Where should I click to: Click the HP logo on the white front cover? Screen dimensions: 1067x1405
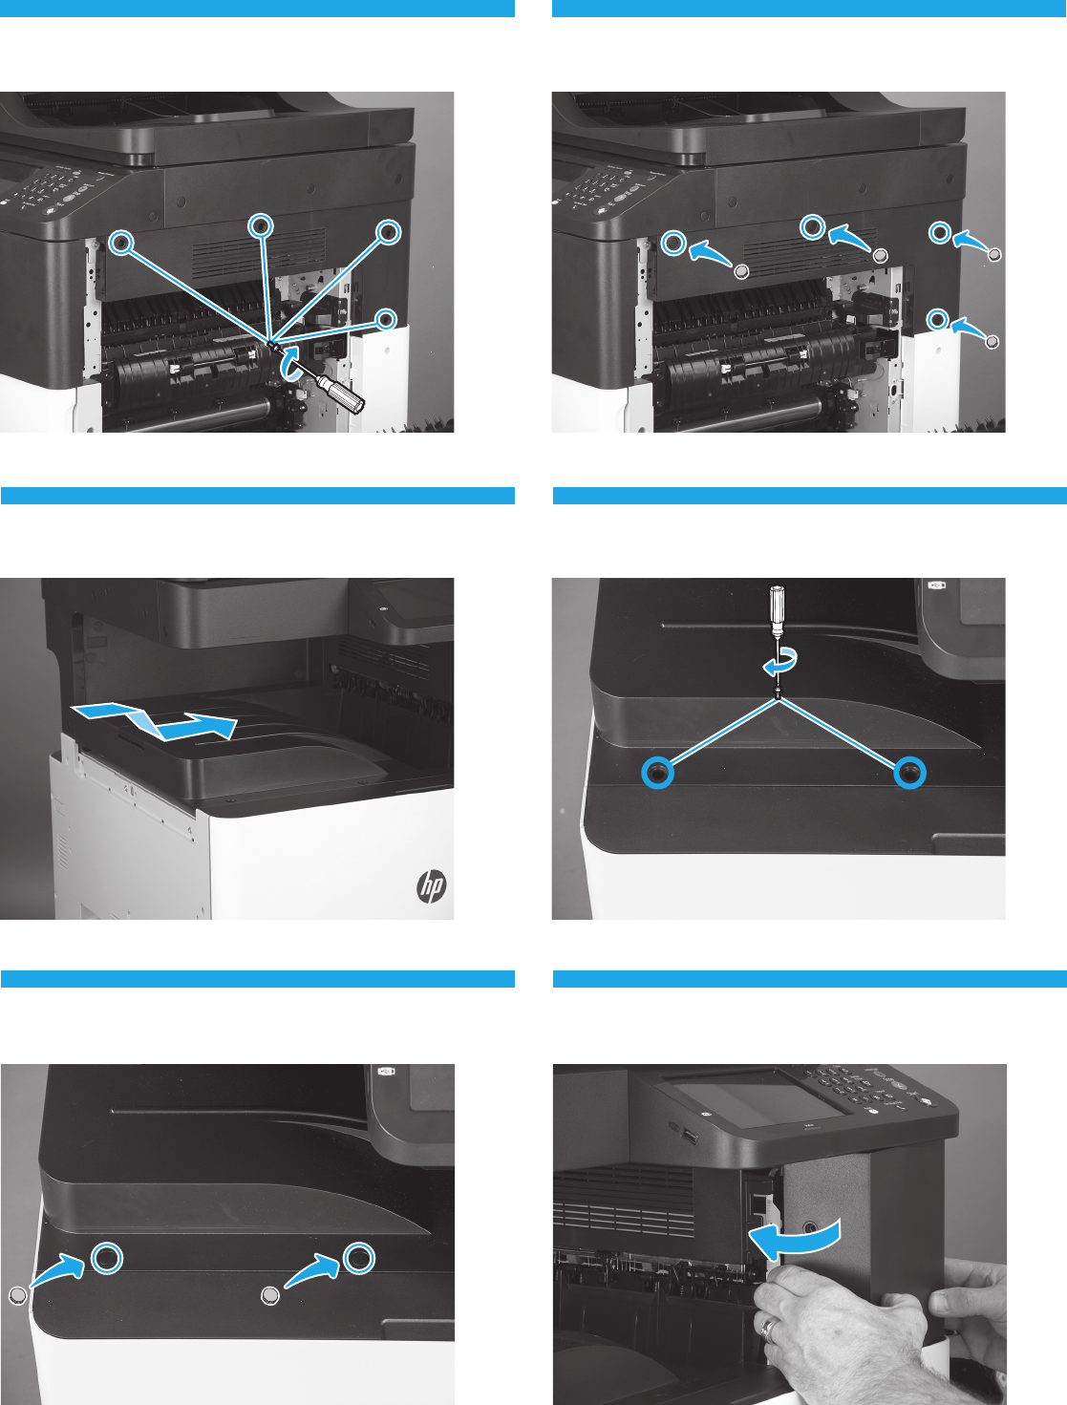[432, 886]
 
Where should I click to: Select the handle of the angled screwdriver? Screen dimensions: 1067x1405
[341, 394]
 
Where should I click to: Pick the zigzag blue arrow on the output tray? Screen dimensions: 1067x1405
[154, 719]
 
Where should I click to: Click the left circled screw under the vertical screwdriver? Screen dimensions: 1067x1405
[657, 773]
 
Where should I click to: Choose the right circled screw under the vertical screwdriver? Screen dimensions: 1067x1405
[909, 773]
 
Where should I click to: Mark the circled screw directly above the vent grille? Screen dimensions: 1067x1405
[261, 225]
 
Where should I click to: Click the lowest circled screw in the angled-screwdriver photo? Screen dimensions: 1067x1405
[385, 319]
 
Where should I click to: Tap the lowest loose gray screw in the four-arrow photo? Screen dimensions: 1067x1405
[992, 342]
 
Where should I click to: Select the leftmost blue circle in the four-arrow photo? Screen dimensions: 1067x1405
[673, 243]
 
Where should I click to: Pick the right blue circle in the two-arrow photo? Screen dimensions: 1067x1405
[359, 1258]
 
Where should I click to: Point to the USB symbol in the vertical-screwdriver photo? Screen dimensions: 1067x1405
[937, 585]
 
